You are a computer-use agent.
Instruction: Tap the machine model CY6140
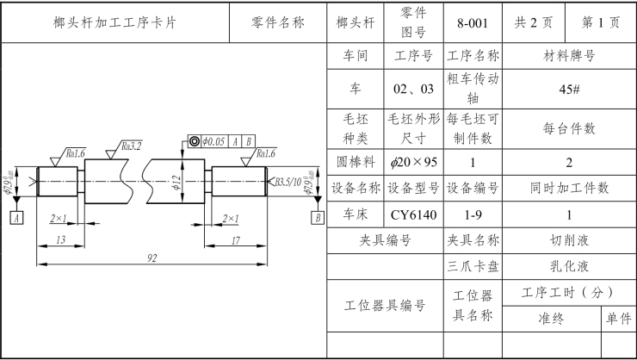point(413,214)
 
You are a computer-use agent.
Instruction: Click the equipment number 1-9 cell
point(473,214)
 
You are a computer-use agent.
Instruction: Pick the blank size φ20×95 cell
point(413,162)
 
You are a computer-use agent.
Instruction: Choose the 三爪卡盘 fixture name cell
point(473,267)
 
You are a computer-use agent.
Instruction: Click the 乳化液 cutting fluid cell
point(569,267)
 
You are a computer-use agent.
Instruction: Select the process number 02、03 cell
point(413,89)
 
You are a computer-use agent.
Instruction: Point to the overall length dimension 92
point(152,257)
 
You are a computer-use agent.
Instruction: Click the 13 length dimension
point(60,240)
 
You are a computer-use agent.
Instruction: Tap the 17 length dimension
point(236,240)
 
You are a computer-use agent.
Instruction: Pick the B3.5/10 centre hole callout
point(289,182)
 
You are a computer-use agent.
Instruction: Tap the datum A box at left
point(16,219)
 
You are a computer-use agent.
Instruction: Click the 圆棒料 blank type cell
point(356,162)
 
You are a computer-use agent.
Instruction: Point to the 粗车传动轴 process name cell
point(473,89)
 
